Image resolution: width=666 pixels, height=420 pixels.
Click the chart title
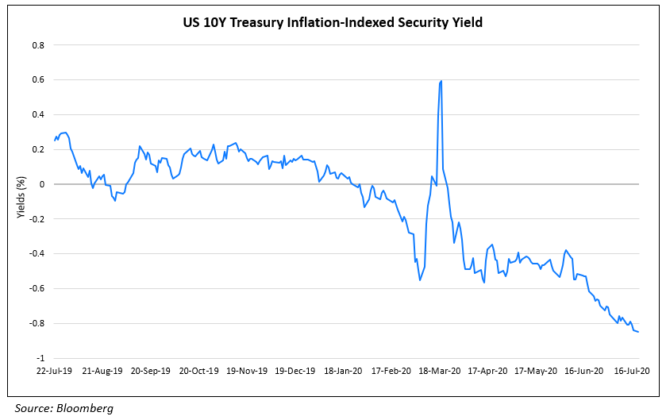pos(333,23)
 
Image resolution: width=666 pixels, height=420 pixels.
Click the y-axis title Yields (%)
pos(21,202)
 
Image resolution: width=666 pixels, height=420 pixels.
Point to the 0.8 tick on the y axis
pos(37,45)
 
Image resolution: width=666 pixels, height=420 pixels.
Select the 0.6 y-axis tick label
pos(37,80)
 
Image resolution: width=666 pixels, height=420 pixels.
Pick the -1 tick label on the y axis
pos(39,359)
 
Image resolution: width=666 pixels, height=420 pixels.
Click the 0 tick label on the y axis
pos(41,184)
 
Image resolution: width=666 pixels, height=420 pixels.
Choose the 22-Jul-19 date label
pos(55,371)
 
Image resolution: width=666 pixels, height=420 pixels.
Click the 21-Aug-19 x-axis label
pos(102,371)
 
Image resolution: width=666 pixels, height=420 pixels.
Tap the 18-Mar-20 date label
pos(439,371)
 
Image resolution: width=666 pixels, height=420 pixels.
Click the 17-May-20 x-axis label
pos(534,371)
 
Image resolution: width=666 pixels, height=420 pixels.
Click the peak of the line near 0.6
pos(441,81)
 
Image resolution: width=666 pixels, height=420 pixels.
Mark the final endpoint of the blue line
pos(639,332)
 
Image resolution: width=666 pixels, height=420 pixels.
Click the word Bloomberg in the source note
pos(85,408)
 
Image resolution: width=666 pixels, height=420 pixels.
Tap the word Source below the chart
pos(33,408)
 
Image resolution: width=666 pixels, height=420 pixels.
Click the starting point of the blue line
pos(55,141)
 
